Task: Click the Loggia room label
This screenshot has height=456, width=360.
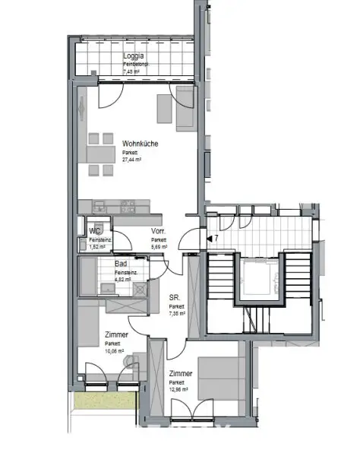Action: tap(134, 56)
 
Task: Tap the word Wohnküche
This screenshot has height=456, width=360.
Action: tap(140, 143)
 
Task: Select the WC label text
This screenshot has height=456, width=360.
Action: tap(95, 231)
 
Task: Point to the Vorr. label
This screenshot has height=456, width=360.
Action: tap(158, 231)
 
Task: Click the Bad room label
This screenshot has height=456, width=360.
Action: tap(122, 263)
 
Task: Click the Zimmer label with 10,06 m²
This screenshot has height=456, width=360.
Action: tap(116, 334)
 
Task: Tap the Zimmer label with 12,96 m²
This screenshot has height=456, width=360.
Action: tap(181, 373)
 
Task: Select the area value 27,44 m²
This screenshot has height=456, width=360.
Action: tap(135, 161)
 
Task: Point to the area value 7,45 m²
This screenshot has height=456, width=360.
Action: tap(132, 73)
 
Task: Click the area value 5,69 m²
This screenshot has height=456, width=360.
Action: tap(159, 247)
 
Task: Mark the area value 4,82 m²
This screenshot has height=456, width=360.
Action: tap(123, 280)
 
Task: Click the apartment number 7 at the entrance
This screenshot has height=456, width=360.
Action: tap(216, 239)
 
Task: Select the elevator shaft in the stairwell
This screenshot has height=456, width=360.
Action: tap(261, 279)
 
